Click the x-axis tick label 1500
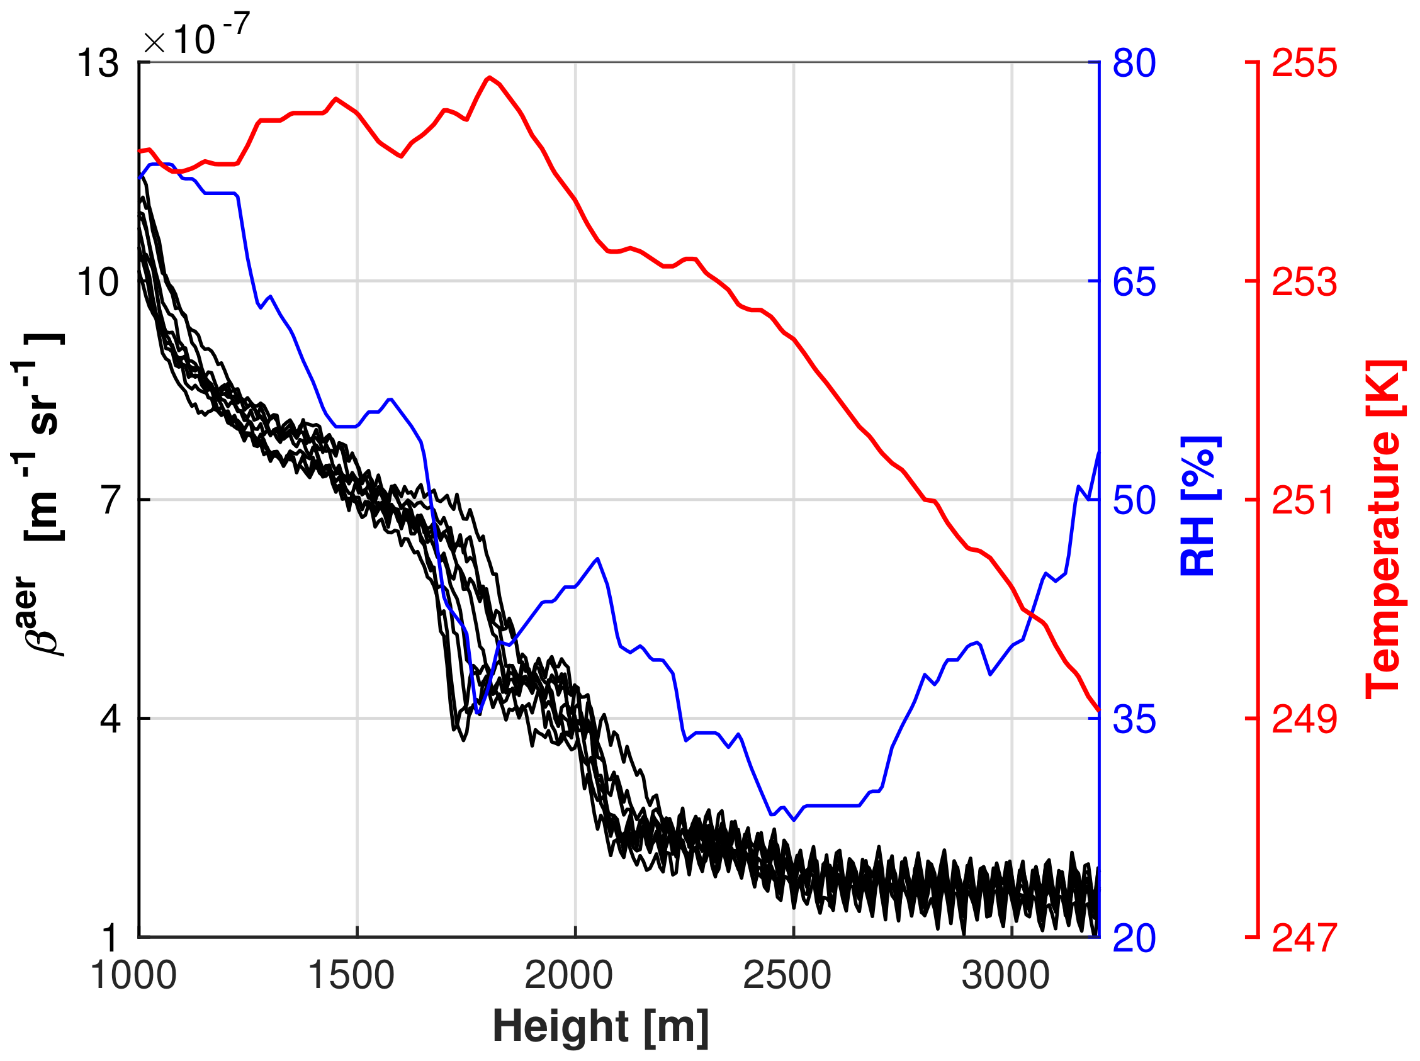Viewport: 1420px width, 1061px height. pos(351,975)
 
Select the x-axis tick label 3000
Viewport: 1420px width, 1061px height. pos(1006,975)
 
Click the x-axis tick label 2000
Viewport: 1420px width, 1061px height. pos(569,975)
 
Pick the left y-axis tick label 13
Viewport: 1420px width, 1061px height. pos(98,64)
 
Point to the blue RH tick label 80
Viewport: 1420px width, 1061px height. pos(1134,63)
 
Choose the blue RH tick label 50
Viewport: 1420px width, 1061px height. pos(1134,500)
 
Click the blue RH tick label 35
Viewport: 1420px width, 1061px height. pos(1134,719)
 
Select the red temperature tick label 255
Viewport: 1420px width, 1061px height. pos(1304,63)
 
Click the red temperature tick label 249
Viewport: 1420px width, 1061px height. pos(1304,719)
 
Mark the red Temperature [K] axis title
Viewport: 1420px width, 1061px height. pos(1384,529)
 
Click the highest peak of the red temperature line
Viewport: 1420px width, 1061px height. pos(490,77)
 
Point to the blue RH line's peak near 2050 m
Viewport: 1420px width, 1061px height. pos(598,558)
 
